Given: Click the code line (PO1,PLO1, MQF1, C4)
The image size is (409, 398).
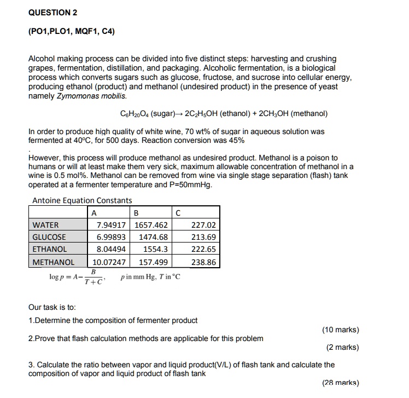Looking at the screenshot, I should (x=71, y=31).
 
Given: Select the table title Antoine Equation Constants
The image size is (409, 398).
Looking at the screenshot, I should (x=82, y=200).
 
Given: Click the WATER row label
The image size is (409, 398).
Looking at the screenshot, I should (x=45, y=225).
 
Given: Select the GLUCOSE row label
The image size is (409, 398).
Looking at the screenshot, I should (x=49, y=237).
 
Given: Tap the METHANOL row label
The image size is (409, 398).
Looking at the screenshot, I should (x=53, y=262).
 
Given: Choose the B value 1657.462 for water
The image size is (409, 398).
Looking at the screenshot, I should (x=150, y=225).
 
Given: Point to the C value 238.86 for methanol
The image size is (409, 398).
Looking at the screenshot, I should (x=204, y=262).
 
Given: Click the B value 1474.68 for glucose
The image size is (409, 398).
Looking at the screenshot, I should (x=153, y=237).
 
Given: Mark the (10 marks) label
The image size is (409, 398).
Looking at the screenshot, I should (x=341, y=330).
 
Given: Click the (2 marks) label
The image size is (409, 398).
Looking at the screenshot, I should (x=343, y=348).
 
